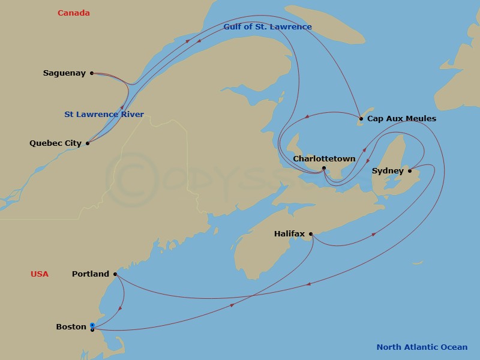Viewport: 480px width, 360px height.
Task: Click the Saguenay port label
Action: click(64, 73)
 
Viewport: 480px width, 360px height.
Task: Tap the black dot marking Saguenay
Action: click(92, 73)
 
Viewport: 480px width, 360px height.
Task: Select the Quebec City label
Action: click(56, 143)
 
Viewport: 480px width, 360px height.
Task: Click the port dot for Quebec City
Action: click(88, 143)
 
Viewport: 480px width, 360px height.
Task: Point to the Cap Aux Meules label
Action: click(401, 119)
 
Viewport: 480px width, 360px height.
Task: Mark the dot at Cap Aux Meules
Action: click(361, 119)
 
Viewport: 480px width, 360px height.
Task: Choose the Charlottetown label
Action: click(324, 159)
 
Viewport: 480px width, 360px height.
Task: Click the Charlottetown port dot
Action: click(324, 168)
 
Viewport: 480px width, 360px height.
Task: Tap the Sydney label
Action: click(388, 171)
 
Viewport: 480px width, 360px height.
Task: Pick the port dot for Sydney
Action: click(410, 171)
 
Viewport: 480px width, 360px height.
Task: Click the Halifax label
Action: click(289, 233)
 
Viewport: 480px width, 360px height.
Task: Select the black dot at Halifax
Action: click(311, 234)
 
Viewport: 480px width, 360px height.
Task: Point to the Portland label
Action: click(91, 274)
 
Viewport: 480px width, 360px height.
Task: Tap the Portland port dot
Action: click(115, 274)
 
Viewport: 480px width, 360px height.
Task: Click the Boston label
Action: click(71, 327)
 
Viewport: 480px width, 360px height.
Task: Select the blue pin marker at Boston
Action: click(92, 326)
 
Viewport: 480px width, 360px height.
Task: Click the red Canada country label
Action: click(74, 13)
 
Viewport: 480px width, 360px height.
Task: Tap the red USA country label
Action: click(40, 274)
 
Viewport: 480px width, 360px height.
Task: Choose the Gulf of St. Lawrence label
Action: click(268, 27)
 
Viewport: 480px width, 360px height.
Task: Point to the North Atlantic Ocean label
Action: click(422, 347)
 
